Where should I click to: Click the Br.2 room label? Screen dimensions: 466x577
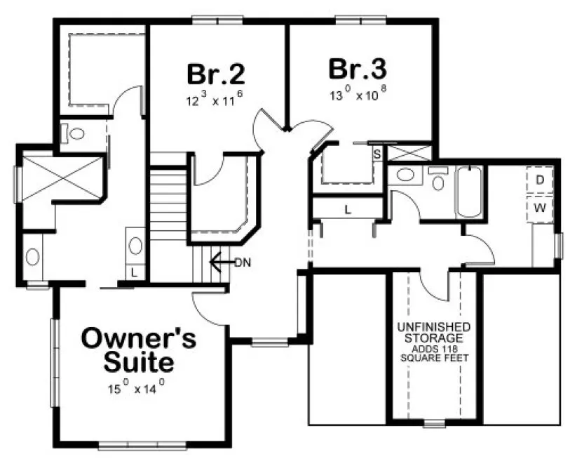coord(215,74)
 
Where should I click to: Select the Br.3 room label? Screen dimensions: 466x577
coord(358,69)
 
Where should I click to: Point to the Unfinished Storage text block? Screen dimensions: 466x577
coord(434,342)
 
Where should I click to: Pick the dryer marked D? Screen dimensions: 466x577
coord(540,180)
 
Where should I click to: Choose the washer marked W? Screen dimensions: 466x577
coord(540,208)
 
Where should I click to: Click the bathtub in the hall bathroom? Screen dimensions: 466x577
coord(468,192)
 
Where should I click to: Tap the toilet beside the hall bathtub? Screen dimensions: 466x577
coord(439,181)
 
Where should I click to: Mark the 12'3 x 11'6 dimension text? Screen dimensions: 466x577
coord(215,100)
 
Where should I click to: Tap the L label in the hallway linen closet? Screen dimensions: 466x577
coord(347,208)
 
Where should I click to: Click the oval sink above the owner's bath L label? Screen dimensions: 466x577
coord(135,246)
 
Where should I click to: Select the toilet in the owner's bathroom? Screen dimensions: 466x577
coord(76,133)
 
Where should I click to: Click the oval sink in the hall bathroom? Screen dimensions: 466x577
coord(405,175)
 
